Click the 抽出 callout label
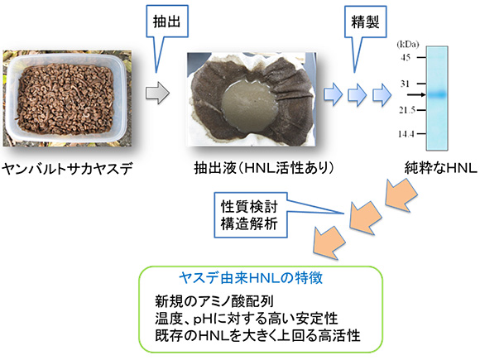[x=167, y=22]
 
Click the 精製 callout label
[x=365, y=22]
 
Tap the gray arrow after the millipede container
[x=157, y=93]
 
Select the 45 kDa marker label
[x=406, y=57]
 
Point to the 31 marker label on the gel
[x=405, y=84]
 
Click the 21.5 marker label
[x=407, y=109]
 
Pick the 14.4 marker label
[x=406, y=134]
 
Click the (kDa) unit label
[x=407, y=45]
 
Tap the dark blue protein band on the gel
[x=437, y=94]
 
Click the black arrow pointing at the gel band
[x=416, y=95]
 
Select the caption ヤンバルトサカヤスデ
[x=67, y=168]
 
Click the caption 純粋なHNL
[x=441, y=168]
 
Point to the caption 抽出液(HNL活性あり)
[x=264, y=168]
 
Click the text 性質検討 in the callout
[x=249, y=207]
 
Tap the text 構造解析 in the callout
[x=249, y=223]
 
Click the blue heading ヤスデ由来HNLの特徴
[x=251, y=278]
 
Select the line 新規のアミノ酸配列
[x=214, y=301]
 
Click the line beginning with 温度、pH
[x=247, y=319]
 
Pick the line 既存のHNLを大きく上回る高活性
[x=257, y=335]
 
